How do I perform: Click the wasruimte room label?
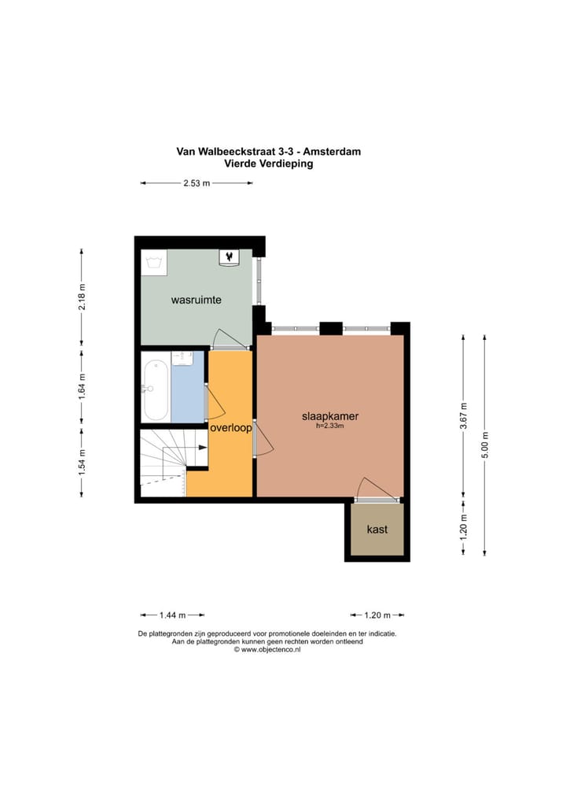click(196, 300)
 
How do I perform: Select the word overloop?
click(231, 428)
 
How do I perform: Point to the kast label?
click(377, 530)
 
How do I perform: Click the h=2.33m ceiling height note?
click(330, 426)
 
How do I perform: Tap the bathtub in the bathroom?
click(155, 390)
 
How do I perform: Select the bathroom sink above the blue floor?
click(182, 358)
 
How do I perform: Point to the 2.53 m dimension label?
click(197, 183)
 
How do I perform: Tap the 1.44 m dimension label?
click(172, 615)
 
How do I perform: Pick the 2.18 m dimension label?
click(82, 297)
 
